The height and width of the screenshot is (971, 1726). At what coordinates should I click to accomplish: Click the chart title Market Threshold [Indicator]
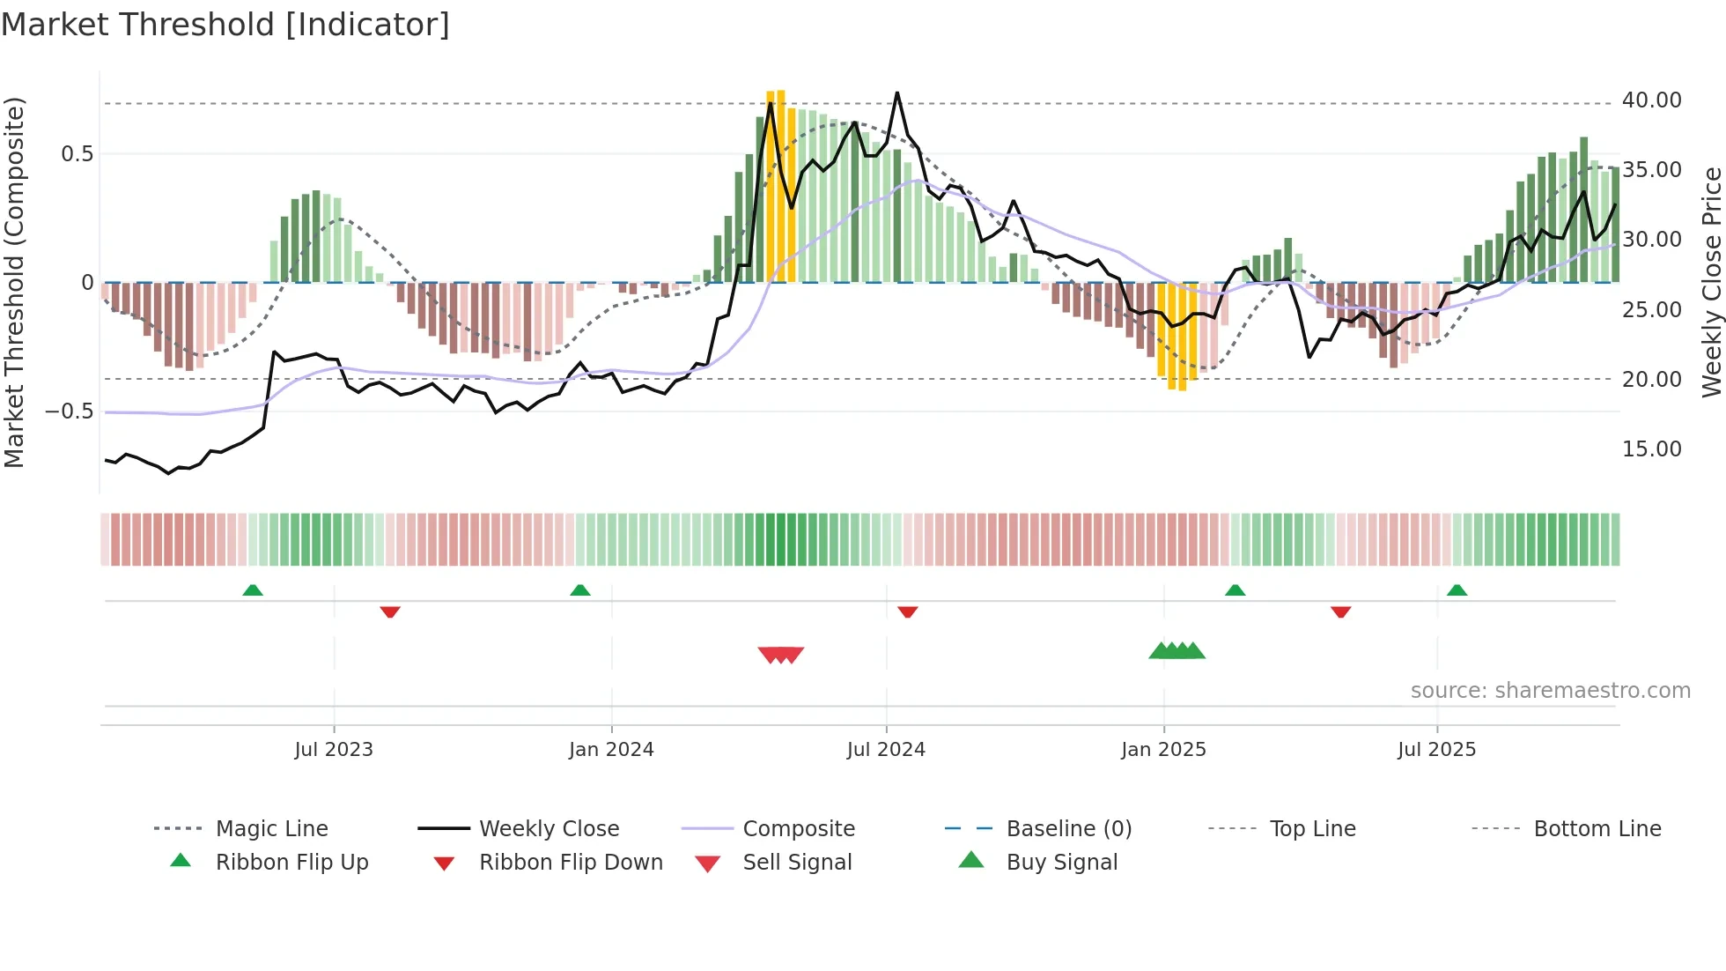coord(225,25)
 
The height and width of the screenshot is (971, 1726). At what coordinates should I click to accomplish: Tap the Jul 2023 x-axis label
coord(334,750)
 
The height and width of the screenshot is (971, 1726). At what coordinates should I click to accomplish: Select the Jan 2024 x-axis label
coord(611,750)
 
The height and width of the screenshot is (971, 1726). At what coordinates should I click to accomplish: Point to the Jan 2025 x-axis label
coord(1163,750)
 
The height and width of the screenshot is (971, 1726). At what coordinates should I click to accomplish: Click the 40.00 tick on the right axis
coord(1651,100)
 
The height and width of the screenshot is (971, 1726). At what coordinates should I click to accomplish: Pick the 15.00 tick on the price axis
coord(1651,449)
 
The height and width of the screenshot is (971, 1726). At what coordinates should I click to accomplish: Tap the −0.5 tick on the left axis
coord(69,411)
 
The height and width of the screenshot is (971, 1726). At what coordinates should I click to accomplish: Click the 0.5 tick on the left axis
coord(77,154)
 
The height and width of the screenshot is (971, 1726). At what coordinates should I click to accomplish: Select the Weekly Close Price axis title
coord(1711,282)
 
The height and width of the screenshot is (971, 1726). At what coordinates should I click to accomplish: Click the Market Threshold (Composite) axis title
coord(14,282)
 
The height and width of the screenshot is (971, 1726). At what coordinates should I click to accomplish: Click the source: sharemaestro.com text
coord(1550,691)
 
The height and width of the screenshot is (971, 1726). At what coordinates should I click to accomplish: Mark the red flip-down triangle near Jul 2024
coord(908,612)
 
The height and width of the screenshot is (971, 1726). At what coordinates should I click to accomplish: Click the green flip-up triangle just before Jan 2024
coord(580,590)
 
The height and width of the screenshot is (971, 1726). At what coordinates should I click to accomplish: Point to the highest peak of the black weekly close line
coord(897,93)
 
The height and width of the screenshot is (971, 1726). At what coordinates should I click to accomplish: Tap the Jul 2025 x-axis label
coord(1436,750)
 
